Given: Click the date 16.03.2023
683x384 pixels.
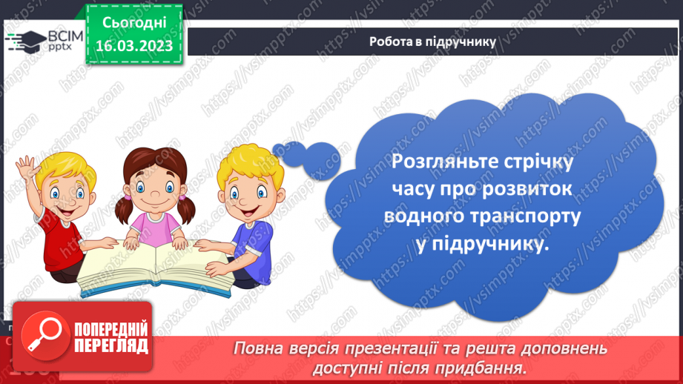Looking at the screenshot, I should coord(133,46).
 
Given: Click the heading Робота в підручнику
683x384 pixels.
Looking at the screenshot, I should coord(432,42).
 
